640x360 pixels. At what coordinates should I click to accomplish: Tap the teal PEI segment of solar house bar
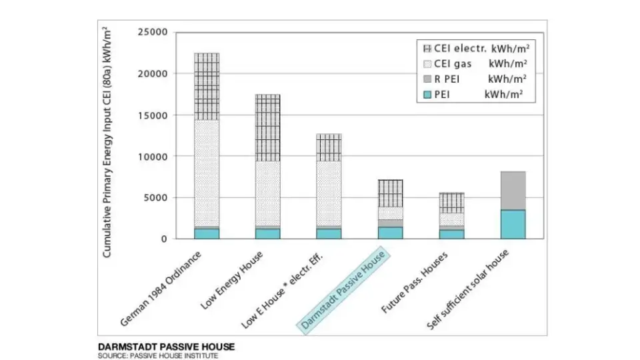coord(513,224)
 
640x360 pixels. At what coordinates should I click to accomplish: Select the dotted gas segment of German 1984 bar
coord(207,173)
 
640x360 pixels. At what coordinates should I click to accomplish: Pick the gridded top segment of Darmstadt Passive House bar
coord(391,193)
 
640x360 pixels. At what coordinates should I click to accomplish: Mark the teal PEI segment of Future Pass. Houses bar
coord(452,234)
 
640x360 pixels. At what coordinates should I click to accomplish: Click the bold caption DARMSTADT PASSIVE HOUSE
coord(166,347)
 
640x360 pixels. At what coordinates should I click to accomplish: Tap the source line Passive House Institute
coord(158,355)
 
